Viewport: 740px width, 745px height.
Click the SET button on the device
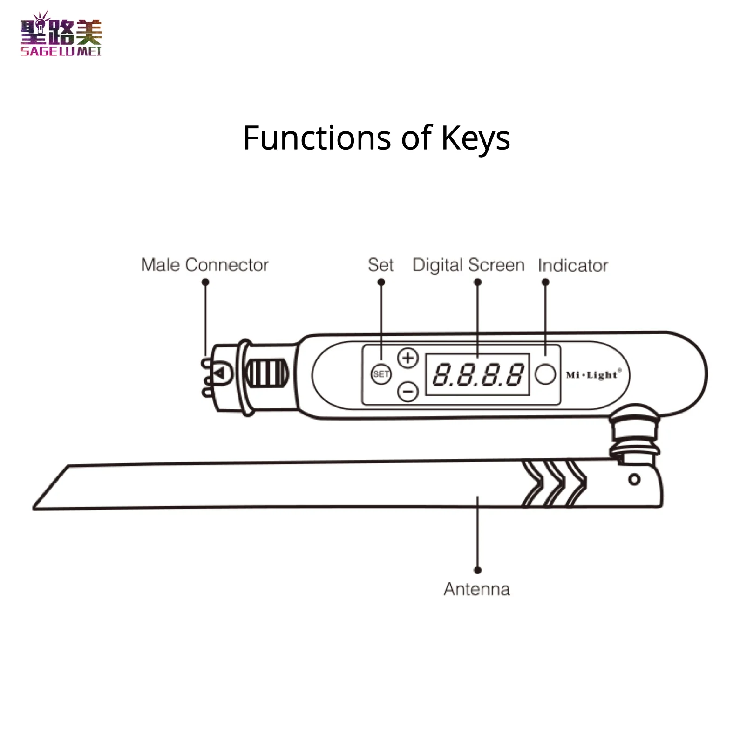(x=381, y=373)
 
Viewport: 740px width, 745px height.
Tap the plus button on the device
(x=408, y=358)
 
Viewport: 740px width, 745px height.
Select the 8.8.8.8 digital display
(x=478, y=374)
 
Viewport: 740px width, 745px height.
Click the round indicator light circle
(x=545, y=374)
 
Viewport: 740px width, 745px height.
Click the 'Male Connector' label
(x=205, y=265)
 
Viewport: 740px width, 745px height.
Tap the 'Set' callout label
(x=380, y=265)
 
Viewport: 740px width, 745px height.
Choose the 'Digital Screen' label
(x=468, y=265)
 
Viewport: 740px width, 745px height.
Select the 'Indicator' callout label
(x=573, y=265)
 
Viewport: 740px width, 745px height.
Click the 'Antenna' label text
(x=477, y=589)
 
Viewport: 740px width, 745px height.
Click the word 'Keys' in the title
(x=475, y=138)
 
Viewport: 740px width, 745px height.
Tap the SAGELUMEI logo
(x=61, y=34)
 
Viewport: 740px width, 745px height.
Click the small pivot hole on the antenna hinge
(x=634, y=479)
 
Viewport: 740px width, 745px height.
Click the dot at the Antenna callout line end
(x=477, y=570)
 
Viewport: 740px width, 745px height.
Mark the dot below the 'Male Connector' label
(x=205, y=282)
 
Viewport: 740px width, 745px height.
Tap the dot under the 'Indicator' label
(x=545, y=282)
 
